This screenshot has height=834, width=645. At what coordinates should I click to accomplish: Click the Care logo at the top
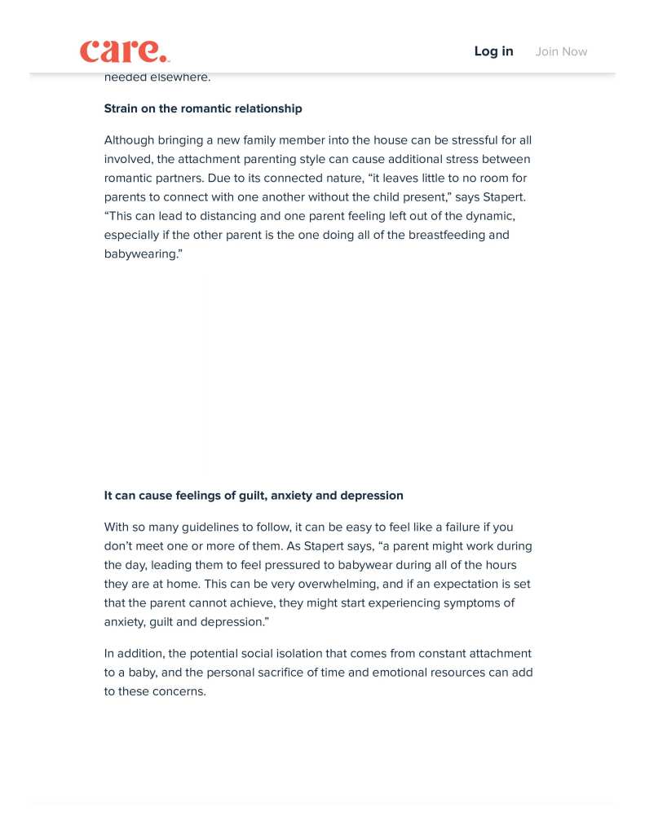tap(124, 51)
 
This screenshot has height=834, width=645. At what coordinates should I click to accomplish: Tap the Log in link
tap(493, 51)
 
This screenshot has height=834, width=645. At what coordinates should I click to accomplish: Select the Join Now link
tap(561, 51)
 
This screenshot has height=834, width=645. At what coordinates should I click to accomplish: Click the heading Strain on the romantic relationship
tap(203, 108)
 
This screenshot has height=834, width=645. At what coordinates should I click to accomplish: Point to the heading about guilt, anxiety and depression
tap(254, 496)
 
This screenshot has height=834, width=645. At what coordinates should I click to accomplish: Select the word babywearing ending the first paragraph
tap(140, 254)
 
